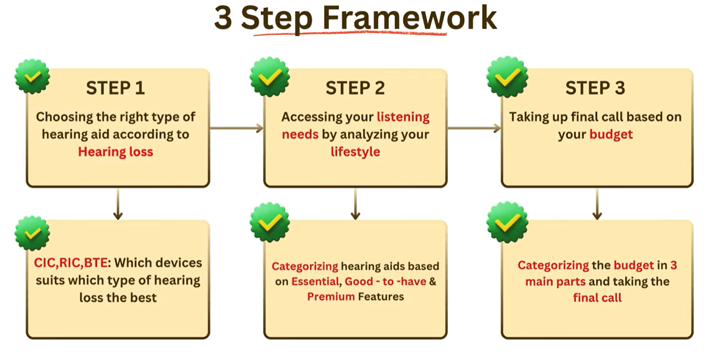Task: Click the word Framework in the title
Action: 410,18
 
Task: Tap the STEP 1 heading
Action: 116,88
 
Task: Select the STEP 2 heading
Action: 355,88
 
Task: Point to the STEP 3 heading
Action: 595,88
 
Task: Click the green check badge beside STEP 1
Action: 33,76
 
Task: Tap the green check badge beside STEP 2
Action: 270,77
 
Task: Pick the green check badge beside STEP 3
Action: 507,77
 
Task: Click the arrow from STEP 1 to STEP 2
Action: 237,128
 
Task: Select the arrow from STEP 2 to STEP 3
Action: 474,128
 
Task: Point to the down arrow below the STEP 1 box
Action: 118,204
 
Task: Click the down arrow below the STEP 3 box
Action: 597,204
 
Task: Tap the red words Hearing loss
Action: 116,152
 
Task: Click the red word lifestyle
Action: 355,152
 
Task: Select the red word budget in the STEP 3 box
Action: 611,134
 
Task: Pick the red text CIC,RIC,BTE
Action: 70,263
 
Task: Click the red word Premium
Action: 331,297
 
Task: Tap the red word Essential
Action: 315,281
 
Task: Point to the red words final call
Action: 598,298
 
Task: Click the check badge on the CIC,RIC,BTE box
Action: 33,233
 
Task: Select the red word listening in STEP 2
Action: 403,117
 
